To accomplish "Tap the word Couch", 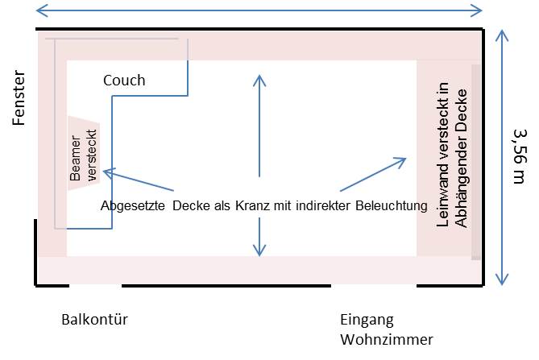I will (124, 81).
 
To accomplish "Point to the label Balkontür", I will (94, 320).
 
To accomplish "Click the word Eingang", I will (367, 320).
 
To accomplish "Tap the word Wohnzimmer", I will (387, 338).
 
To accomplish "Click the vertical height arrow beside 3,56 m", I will (502, 157).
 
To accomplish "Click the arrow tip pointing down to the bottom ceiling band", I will (259, 254).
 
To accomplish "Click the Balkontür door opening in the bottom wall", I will (95, 285).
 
